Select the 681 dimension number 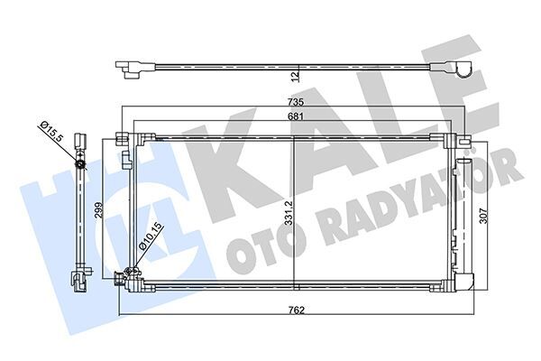(x=294, y=119)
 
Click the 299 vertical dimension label (x=99, y=211)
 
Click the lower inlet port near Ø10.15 (x=129, y=273)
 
